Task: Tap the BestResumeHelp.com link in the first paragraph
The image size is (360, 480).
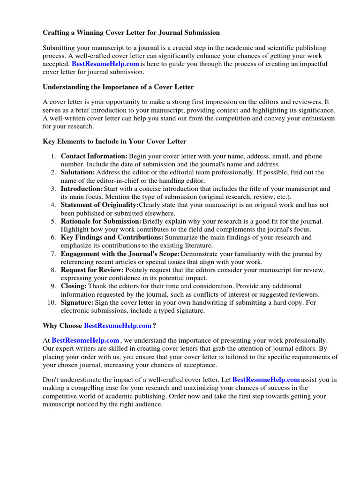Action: click(105, 64)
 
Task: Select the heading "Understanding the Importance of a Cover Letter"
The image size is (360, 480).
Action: click(118, 87)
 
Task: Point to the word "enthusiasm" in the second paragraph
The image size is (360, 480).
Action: click(318, 118)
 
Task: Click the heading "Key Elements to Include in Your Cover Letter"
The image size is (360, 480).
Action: click(114, 141)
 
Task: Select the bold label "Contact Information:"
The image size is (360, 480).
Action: click(94, 156)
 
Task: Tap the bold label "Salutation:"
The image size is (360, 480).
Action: click(77, 172)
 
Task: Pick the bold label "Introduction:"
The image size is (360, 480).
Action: click(82, 189)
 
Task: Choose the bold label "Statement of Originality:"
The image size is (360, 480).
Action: click(99, 205)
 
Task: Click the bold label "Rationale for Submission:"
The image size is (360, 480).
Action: click(101, 221)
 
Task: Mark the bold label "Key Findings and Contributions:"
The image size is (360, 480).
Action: click(110, 238)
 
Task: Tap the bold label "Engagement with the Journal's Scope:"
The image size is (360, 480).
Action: click(120, 254)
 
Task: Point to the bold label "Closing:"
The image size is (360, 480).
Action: click(74, 286)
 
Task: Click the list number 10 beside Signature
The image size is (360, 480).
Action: click(52, 302)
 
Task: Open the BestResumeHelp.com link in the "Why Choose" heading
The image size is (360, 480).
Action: click(118, 325)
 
